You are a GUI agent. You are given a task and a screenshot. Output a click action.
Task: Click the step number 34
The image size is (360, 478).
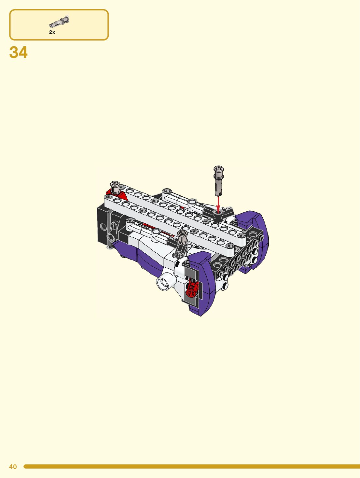pos(19,52)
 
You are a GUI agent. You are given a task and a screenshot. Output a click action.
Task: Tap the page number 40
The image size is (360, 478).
pos(13,467)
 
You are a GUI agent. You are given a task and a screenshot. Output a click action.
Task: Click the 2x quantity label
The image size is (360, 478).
pos(52,32)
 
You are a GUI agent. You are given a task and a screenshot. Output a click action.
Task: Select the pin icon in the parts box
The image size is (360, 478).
pos(59,22)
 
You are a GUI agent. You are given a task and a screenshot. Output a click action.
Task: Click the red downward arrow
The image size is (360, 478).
pos(218,204)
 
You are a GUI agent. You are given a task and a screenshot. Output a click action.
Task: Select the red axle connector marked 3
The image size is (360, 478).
pos(191,288)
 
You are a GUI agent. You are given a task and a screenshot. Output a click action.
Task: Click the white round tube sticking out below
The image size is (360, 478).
pos(164,283)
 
